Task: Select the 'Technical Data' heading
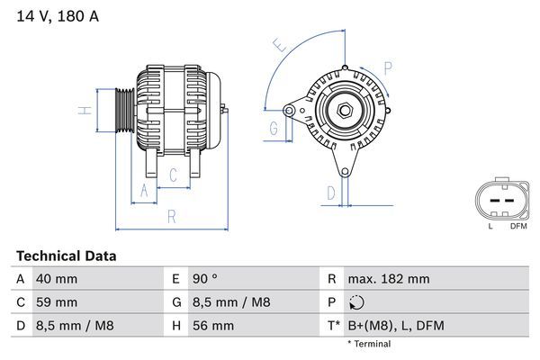[67, 256]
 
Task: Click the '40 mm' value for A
[56, 280]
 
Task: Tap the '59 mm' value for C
[56, 302]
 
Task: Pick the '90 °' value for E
[201, 280]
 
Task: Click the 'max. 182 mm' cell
[390, 280]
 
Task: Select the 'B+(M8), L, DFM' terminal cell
[396, 325]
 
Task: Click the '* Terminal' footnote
[369, 344]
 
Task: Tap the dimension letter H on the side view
[83, 111]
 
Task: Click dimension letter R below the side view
[171, 216]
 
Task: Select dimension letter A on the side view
[141, 189]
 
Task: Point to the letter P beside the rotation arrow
[388, 68]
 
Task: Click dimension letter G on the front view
[273, 128]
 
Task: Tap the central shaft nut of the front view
[344, 111]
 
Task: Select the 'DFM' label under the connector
[518, 226]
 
